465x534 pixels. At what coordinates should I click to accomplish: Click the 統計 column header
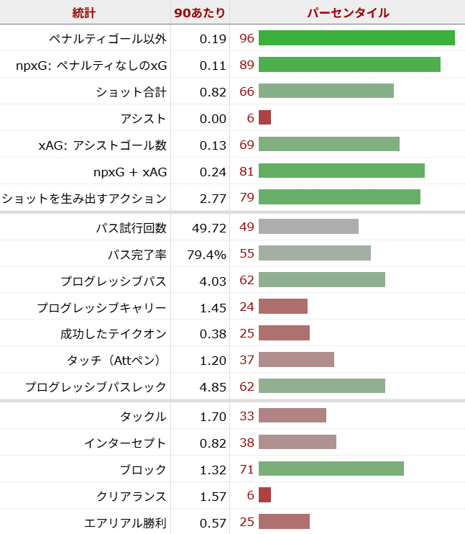point(85,12)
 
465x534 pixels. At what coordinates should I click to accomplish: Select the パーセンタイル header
point(348,12)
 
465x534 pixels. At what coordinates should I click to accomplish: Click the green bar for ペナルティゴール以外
point(356,38)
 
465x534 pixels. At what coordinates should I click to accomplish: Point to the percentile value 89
point(247,65)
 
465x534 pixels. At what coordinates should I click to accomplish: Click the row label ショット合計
point(131,92)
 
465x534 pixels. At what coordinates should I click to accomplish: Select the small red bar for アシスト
point(264,118)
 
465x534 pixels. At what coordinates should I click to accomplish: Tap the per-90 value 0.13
point(213,145)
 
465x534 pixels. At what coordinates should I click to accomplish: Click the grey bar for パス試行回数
point(308,227)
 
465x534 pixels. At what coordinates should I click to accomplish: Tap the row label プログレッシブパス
point(114,281)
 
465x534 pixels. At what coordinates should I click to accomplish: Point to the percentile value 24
point(247,307)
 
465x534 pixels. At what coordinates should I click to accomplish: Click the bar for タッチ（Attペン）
point(296,360)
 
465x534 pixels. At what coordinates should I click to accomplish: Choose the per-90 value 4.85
point(213,386)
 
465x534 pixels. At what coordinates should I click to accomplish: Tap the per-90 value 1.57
point(213,497)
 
